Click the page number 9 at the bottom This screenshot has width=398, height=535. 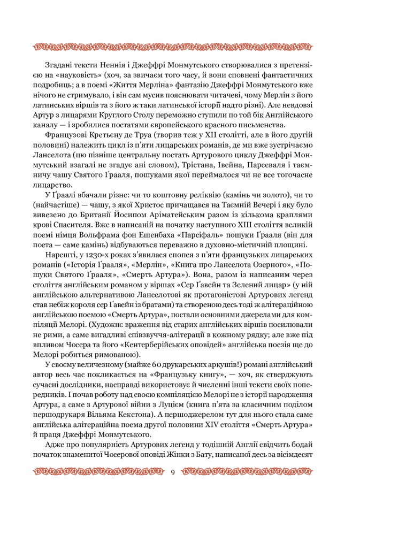172,471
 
